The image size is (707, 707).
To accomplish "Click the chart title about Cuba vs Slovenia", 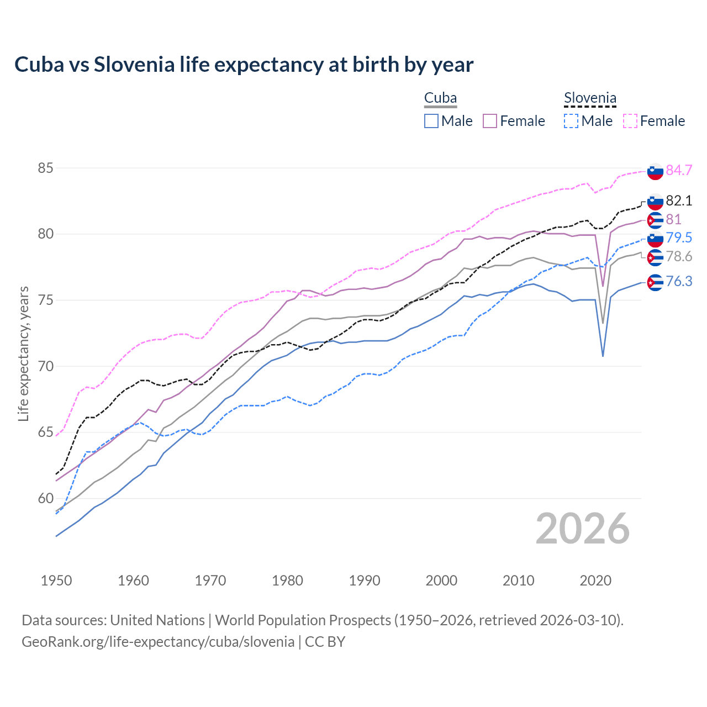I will pyautogui.click(x=244, y=65).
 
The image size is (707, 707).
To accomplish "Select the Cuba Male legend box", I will pyautogui.click(x=431, y=121).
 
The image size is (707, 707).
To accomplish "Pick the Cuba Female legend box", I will pyautogui.click(x=490, y=121).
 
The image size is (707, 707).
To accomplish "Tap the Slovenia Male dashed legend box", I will pyautogui.click(x=571, y=121).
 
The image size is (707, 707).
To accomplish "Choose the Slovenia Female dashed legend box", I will pyautogui.click(x=630, y=121).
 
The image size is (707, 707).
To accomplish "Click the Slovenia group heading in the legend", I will pyautogui.click(x=590, y=98).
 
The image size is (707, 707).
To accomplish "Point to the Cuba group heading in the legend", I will pyautogui.click(x=440, y=98).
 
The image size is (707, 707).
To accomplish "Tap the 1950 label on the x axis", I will pyautogui.click(x=56, y=581).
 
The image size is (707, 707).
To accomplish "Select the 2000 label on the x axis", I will pyautogui.click(x=441, y=581).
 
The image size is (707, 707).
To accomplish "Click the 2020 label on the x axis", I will pyautogui.click(x=595, y=581).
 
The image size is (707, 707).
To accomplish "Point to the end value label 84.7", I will pyautogui.click(x=679, y=170).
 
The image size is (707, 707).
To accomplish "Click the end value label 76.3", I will pyautogui.click(x=679, y=282).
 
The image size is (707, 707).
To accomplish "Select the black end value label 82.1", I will pyautogui.click(x=679, y=201).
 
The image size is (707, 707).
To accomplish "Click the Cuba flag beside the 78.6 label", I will pyautogui.click(x=655, y=257).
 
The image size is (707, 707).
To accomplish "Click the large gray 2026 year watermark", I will pyautogui.click(x=582, y=529).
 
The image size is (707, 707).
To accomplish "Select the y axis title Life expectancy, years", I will pyautogui.click(x=23, y=353).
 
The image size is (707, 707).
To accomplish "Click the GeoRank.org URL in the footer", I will pyautogui.click(x=158, y=642).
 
